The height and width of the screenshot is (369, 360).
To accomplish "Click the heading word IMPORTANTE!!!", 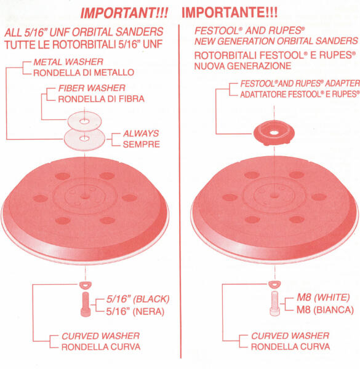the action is pos(230,12).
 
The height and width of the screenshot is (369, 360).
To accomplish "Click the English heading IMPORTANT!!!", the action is pos(124,13).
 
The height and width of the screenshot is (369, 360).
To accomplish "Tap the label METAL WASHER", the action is pos(68,62).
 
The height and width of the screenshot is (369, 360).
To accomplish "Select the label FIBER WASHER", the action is pos(92,88).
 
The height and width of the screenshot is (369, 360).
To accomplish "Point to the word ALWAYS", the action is pos(141,133).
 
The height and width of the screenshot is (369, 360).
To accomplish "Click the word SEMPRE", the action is pos(142,145).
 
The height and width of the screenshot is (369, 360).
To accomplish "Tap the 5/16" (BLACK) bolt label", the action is pos(138,299).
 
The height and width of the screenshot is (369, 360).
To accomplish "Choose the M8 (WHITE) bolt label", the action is pos(323,297).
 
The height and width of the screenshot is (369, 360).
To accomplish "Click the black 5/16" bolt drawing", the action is pos(86,304).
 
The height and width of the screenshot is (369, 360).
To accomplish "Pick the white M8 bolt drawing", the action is pos(274,303).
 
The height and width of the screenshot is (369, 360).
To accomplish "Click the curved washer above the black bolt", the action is pos(86,285).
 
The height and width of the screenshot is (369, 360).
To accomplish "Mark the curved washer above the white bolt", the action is pos(274,284).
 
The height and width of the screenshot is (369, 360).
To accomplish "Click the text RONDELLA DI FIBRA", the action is pos(102,99).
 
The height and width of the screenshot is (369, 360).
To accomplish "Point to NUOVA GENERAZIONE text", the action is pos(242,66).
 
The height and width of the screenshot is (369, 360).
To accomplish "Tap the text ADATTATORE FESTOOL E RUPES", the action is pos(300,94).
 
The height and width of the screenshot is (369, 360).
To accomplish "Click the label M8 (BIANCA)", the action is pos(325,310).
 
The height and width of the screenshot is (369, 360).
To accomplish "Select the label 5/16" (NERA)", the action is pos(135,312).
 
